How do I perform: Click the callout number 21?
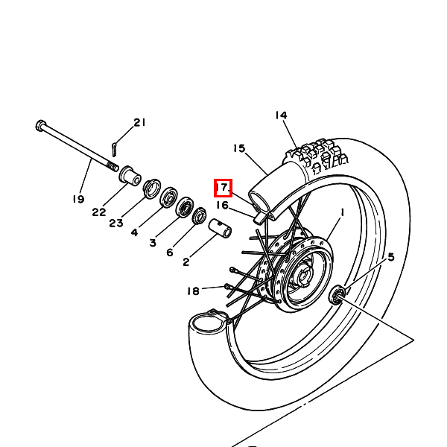tap(140, 123)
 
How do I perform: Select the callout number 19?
tap(78, 199)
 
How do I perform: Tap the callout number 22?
tap(99, 212)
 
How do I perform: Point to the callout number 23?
tap(116, 223)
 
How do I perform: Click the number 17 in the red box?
tap(223, 188)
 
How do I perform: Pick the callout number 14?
tap(281, 115)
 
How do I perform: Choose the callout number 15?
tap(239, 148)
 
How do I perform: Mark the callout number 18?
tap(193, 291)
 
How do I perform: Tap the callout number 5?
tap(391, 257)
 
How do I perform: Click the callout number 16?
tap(222, 206)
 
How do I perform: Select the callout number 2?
tap(186, 262)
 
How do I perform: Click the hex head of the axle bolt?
tap(40, 125)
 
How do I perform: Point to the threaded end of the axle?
tap(113, 166)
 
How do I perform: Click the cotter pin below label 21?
tap(114, 150)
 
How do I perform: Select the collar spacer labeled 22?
tap(130, 176)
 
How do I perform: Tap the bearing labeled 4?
tap(169, 197)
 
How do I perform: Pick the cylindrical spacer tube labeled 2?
tap(220, 228)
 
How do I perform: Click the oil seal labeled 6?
tap(200, 216)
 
